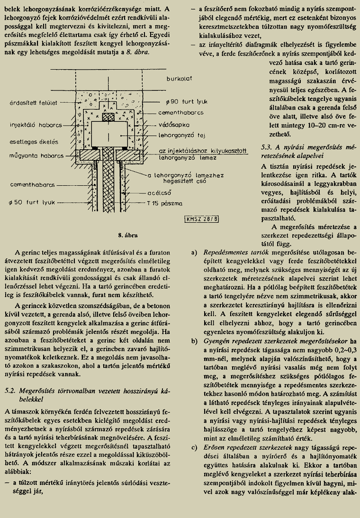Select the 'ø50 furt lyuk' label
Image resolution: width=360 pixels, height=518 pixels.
[x=30, y=202]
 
